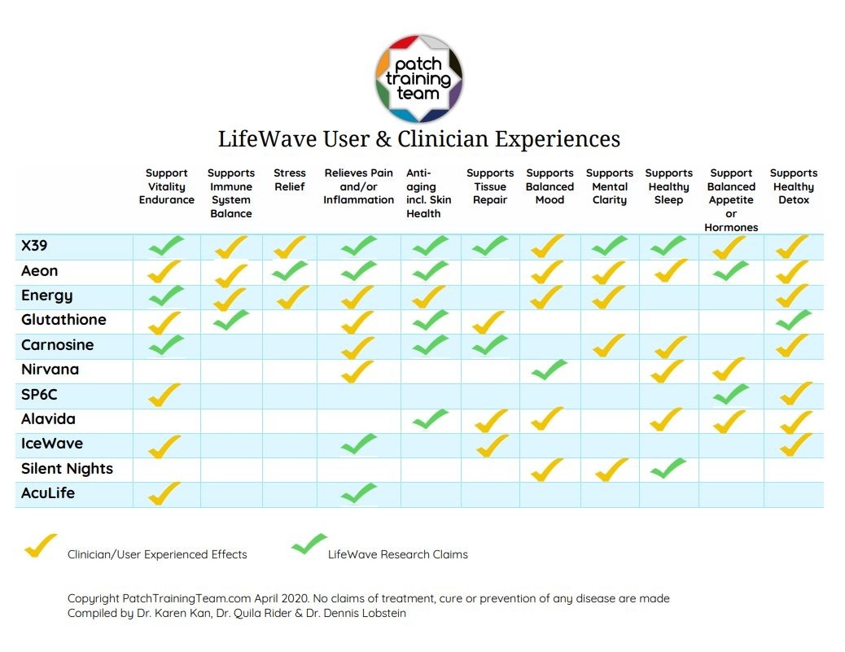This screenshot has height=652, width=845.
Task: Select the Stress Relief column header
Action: [x=290, y=180]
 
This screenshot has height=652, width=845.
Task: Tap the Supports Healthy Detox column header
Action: [x=793, y=186]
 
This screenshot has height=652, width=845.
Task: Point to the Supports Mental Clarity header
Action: [x=609, y=186]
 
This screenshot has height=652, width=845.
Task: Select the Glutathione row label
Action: [x=63, y=320]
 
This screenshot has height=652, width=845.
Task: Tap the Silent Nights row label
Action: [x=67, y=469]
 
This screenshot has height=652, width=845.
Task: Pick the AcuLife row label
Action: [x=48, y=493]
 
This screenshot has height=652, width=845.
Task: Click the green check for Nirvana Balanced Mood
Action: [x=549, y=370]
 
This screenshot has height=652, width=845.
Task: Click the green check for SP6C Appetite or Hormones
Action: [x=730, y=395]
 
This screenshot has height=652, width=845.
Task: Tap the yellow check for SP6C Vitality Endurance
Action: [x=165, y=395]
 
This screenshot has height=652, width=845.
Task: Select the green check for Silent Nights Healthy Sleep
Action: [x=668, y=468]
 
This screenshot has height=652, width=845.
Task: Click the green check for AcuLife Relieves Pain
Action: [x=359, y=492]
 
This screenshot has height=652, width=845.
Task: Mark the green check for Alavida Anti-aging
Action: [x=431, y=419]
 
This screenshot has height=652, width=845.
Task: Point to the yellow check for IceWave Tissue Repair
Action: [x=490, y=444]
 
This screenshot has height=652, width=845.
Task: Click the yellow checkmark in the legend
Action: [x=40, y=545]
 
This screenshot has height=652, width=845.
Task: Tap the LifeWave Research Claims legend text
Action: [x=397, y=554]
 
